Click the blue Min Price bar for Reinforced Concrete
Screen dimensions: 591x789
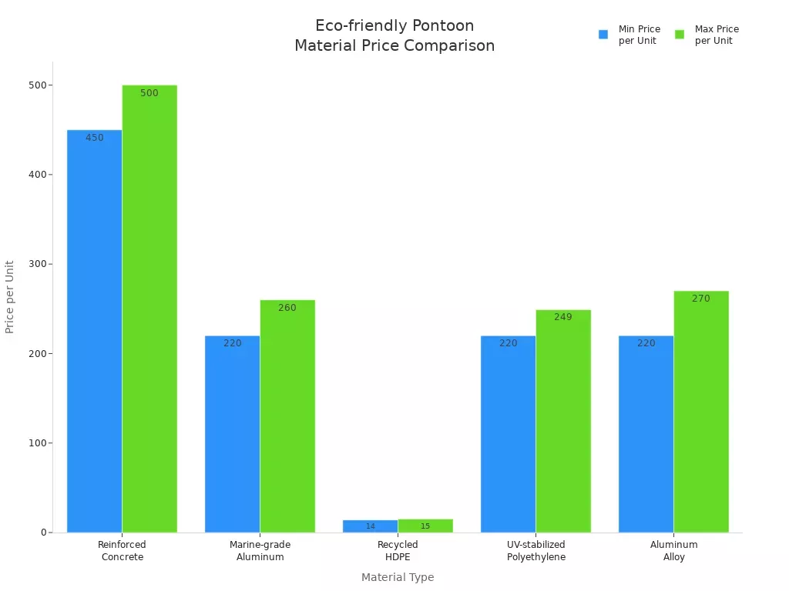(94, 331)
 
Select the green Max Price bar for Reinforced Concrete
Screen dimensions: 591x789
(149, 308)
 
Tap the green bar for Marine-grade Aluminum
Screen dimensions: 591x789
(287, 416)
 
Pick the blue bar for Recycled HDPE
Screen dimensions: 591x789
(370, 526)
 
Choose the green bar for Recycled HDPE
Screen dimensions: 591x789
(425, 526)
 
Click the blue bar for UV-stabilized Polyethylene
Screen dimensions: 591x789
(508, 434)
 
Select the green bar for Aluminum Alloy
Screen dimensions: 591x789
(701, 412)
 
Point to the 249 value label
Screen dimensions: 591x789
(563, 317)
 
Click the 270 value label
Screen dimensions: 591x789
(701, 299)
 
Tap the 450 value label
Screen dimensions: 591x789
(94, 138)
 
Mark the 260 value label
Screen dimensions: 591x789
(287, 308)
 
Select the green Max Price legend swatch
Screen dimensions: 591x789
(680, 35)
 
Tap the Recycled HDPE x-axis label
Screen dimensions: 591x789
(398, 551)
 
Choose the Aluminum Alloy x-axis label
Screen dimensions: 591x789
(673, 551)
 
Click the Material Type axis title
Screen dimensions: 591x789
(398, 577)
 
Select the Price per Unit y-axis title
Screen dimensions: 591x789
(10, 297)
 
